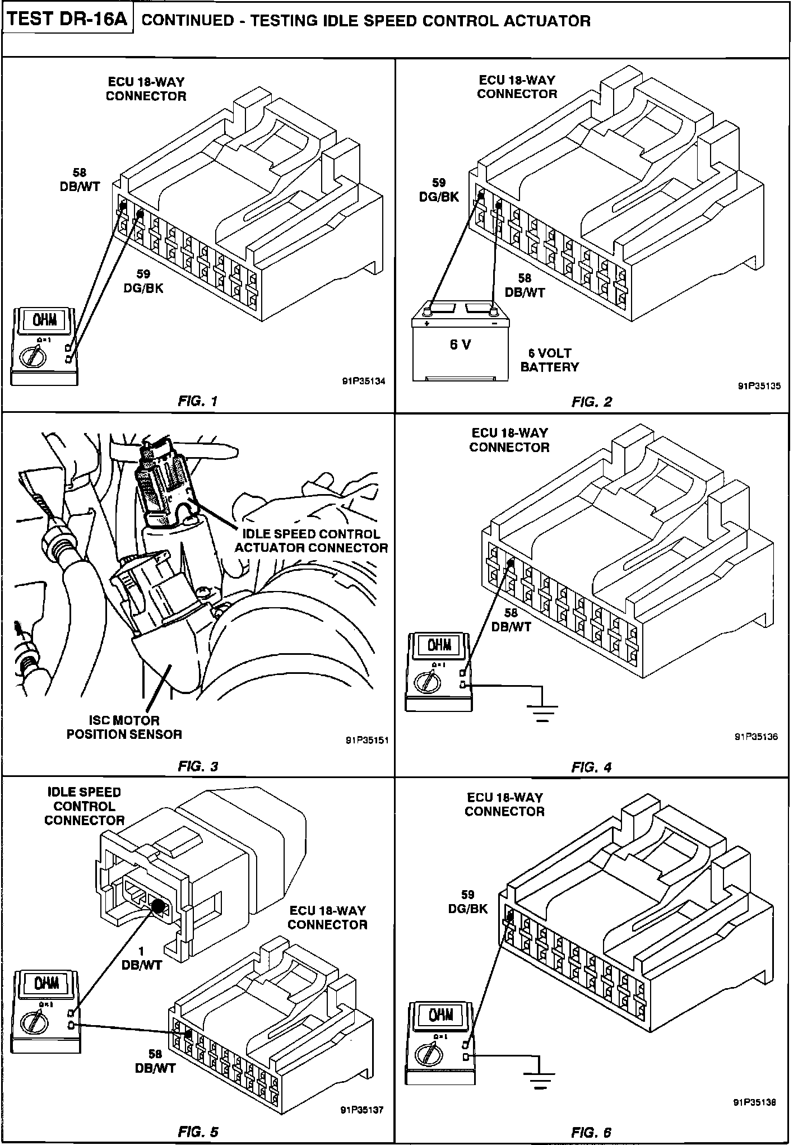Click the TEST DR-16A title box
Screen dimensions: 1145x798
coord(68,20)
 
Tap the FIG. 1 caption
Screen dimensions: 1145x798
coord(197,401)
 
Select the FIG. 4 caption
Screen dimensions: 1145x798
coord(591,767)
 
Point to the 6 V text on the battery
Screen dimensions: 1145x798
coord(461,345)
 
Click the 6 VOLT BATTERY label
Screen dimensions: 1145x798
coord(549,360)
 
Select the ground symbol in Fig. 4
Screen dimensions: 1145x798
coord(542,712)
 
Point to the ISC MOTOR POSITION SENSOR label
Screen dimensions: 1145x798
coord(124,727)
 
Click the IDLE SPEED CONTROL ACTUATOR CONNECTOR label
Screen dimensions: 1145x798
coord(311,541)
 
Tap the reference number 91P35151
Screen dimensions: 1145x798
coord(367,740)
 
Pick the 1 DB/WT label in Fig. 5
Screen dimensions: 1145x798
coord(141,958)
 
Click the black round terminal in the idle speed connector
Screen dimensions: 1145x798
coord(157,907)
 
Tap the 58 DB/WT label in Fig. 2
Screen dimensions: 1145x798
coord(525,285)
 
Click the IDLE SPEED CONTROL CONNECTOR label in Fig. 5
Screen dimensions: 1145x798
coord(85,806)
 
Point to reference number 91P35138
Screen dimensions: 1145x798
coord(754,1102)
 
